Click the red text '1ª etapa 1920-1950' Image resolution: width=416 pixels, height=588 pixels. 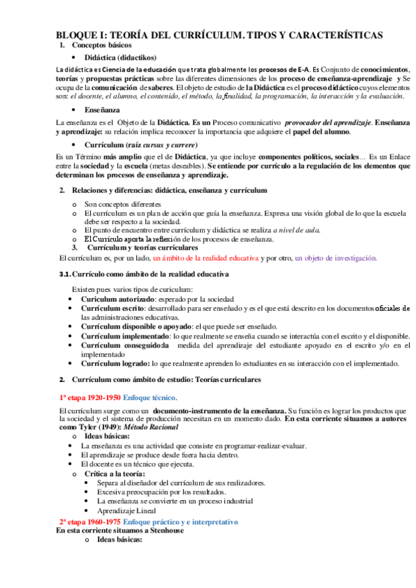click(90, 398)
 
